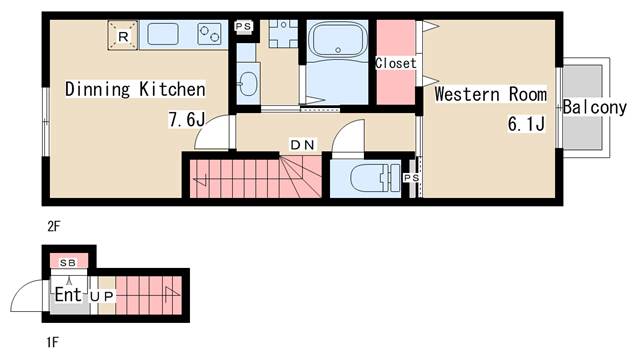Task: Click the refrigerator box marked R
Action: [123, 36]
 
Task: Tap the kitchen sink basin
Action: [162, 34]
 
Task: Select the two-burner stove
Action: [209, 34]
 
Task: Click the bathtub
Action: [338, 40]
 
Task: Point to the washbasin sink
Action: [247, 84]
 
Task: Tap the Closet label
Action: [396, 63]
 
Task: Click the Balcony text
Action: [594, 107]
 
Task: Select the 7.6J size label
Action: [187, 120]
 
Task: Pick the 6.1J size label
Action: [526, 123]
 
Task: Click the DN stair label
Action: [302, 144]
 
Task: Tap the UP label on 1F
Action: [102, 297]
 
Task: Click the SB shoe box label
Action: [68, 263]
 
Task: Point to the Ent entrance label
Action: [68, 294]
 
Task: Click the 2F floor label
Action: [53, 226]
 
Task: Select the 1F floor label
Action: [53, 342]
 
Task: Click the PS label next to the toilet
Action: [411, 178]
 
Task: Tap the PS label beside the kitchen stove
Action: [243, 26]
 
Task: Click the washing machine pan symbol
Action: [283, 33]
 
